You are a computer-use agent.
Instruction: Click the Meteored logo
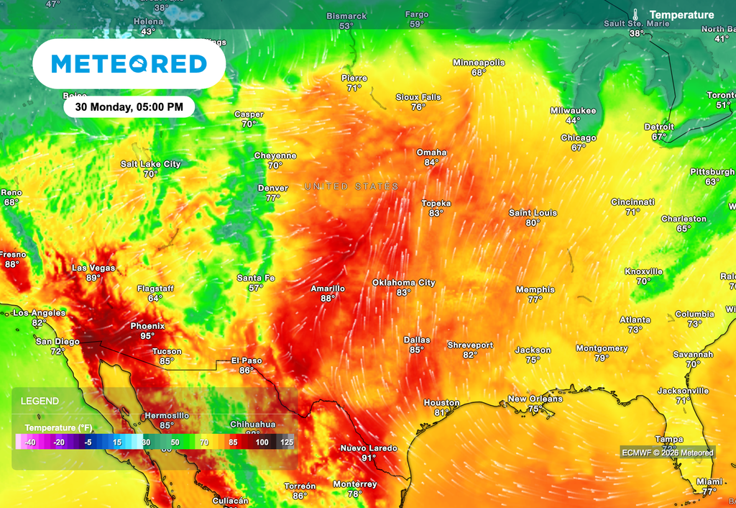[x=129, y=64]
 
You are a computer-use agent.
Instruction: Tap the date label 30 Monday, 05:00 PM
[x=129, y=107]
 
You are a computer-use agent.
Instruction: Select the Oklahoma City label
[x=403, y=283]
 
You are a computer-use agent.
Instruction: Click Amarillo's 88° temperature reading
[x=328, y=299]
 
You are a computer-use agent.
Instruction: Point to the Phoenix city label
[x=147, y=326]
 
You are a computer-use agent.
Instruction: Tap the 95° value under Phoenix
[x=147, y=336]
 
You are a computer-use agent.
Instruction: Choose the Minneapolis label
[x=479, y=63]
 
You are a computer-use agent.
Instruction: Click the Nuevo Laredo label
[x=369, y=448]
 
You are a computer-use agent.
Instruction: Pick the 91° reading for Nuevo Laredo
[x=369, y=458]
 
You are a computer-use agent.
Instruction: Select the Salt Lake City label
[x=150, y=164]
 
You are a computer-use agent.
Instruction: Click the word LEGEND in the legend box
[x=40, y=401]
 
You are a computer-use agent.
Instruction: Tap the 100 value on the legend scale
[x=262, y=443]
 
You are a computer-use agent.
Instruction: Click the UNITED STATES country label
[x=351, y=186]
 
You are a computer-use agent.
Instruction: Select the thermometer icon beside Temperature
[x=636, y=14]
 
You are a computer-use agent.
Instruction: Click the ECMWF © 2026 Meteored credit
[x=668, y=453]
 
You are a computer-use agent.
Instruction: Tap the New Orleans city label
[x=535, y=399]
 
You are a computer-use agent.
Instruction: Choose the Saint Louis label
[x=533, y=213]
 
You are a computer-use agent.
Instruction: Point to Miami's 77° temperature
[x=709, y=491]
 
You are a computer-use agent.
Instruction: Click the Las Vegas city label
[x=93, y=268]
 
